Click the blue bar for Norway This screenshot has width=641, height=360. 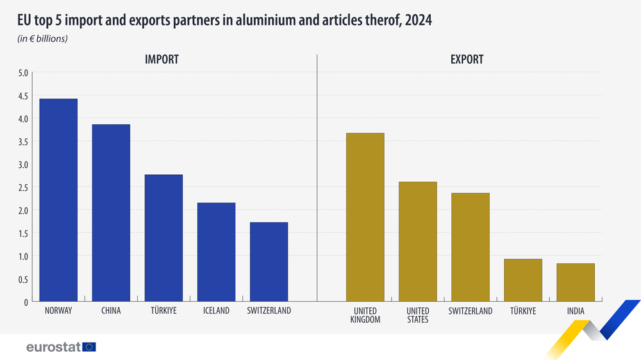[x=58, y=200]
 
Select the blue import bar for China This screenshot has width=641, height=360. [x=111, y=213]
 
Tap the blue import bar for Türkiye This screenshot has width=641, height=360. [x=163, y=238]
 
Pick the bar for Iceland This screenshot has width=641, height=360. [x=216, y=252]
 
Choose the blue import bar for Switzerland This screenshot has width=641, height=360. [x=269, y=261]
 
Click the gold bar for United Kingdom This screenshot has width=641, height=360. [x=365, y=217]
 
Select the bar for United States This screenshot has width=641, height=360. [x=417, y=241]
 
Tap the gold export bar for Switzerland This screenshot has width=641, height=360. [x=470, y=247]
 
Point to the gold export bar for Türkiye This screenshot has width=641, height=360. [x=523, y=280]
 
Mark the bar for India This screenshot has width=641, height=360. [x=576, y=282]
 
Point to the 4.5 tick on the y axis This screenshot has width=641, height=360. [x=24, y=95]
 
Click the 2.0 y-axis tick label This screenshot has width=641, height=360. [x=24, y=210]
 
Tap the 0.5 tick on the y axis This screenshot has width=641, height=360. [x=24, y=279]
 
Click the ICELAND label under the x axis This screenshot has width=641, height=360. [x=216, y=311]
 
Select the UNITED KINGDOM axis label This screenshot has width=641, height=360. [x=365, y=315]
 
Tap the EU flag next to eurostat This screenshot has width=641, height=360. [x=89, y=347]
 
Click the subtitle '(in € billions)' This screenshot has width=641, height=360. [x=42, y=38]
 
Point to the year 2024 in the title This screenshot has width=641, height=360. [x=418, y=20]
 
